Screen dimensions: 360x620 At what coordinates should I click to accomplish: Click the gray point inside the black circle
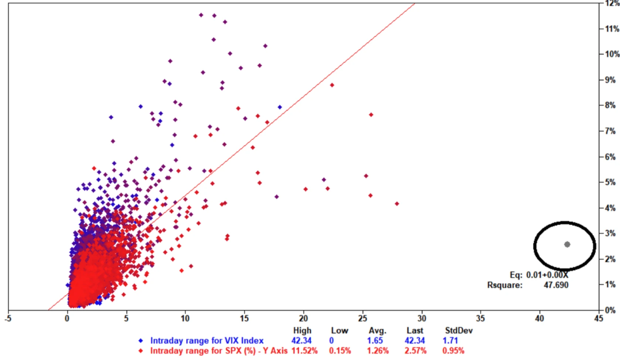click(567, 244)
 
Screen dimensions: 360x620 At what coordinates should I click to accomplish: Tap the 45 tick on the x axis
click(599, 318)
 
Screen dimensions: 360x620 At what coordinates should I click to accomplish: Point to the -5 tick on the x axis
click(8, 318)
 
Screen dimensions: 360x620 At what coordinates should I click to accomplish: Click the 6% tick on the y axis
click(610, 157)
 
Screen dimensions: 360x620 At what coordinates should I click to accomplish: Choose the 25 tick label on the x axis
click(362, 318)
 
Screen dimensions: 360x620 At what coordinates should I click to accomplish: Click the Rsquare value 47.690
click(556, 285)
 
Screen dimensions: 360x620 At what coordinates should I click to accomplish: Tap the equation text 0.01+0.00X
click(547, 275)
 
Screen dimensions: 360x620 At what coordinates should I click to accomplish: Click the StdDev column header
click(459, 330)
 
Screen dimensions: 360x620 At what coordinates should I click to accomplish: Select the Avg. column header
click(377, 330)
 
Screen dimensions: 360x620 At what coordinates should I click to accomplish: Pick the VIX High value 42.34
click(301, 340)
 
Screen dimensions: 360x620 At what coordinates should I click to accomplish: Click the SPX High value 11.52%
click(304, 350)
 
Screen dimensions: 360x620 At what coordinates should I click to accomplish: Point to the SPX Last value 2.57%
click(415, 350)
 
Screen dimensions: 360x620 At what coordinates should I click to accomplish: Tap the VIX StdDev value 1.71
click(450, 340)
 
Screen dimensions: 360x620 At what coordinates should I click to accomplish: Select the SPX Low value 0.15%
click(340, 350)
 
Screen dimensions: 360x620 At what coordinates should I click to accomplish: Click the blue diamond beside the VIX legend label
click(140, 340)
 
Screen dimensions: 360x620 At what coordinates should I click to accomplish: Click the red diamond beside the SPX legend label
click(140, 350)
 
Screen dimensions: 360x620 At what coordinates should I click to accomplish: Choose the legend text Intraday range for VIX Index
click(207, 340)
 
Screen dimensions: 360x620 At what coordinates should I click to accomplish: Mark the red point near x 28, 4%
click(397, 204)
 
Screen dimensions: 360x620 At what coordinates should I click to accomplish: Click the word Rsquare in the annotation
click(505, 285)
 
